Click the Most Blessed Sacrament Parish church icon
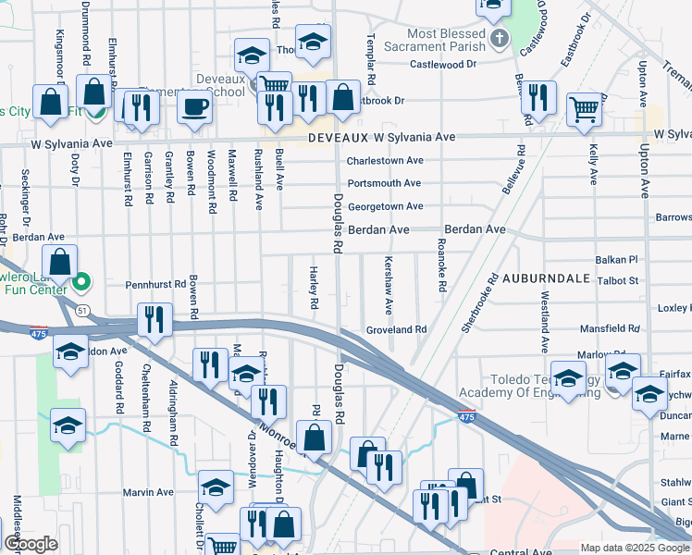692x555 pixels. pos(500,39)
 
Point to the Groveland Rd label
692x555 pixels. pos(395,329)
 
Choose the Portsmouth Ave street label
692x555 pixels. pos(384,184)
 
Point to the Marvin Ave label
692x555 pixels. pos(149,492)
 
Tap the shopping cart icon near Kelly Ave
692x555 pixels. pos(585,109)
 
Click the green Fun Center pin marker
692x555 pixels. pos(81,281)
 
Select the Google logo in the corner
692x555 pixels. pos(31,544)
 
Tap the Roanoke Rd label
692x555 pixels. pos(441,267)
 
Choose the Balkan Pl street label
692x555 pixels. pos(619,261)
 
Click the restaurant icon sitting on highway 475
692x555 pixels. pos(154,320)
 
